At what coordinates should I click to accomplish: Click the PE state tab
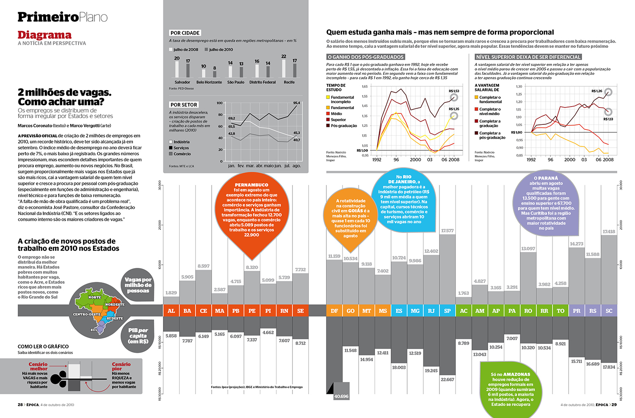coord(252,311)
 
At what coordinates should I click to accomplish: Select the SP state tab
coord(447,311)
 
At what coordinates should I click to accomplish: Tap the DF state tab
coord(334,311)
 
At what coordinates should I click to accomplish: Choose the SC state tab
coord(609,311)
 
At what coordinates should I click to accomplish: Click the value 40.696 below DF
coord(341,396)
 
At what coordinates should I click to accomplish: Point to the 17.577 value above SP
coord(447,231)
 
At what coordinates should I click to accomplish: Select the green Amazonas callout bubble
coord(511,389)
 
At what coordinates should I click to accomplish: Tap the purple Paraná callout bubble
coord(546,203)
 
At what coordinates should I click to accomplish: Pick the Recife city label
coord(289,82)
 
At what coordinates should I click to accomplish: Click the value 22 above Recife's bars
coord(284,56)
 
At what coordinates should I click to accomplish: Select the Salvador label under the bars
coord(182,82)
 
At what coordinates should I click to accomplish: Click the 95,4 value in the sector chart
coord(296,103)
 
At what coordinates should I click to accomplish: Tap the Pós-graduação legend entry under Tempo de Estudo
coord(343,126)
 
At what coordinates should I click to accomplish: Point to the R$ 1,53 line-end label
coord(454,91)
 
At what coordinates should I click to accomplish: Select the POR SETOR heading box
coord(184,104)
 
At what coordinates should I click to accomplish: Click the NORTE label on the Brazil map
coord(94,297)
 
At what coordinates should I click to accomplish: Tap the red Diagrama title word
coord(44,35)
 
